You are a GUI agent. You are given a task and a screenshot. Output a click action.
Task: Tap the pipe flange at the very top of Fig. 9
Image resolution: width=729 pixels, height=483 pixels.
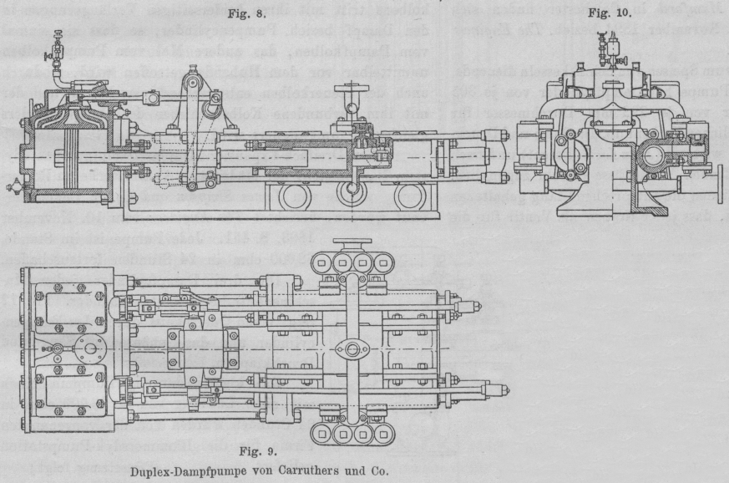351,243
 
